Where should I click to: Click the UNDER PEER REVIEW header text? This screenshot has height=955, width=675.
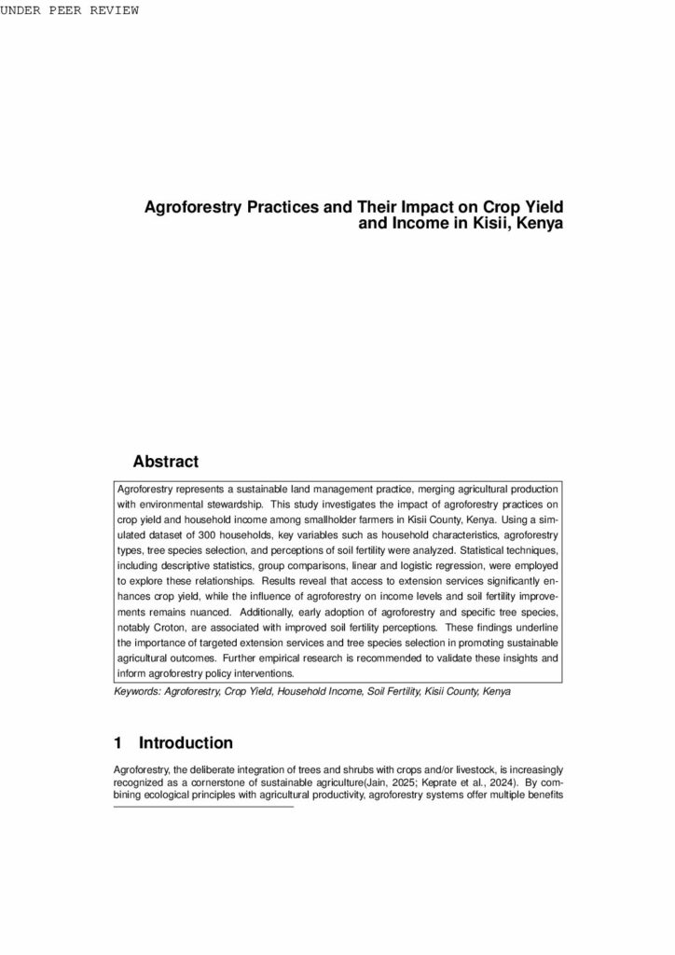pos(70,10)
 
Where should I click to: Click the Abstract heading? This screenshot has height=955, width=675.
pos(166,461)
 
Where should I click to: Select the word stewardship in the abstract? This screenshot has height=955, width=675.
pos(233,505)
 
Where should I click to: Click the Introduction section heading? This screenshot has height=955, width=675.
pos(186,743)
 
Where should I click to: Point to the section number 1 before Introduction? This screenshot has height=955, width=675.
pos(118,743)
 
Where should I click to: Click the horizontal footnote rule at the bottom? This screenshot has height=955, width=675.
pos(203,807)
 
